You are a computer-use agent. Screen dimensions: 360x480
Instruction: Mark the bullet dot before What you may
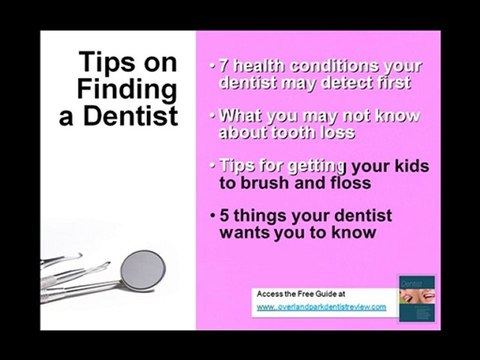point(213,111)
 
